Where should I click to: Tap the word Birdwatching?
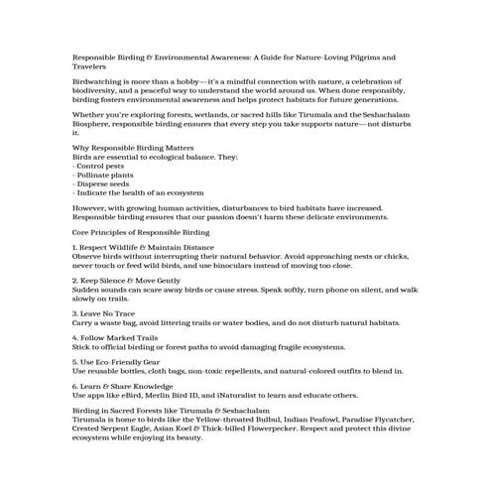coord(98,80)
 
